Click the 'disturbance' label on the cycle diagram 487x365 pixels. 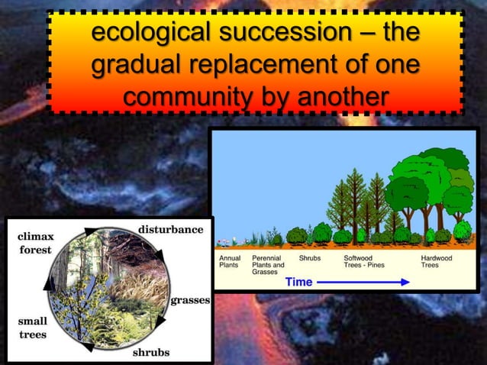(x=170, y=229)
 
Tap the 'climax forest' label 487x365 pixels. (x=35, y=243)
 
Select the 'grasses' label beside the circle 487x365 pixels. (x=190, y=300)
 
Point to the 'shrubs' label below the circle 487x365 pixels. (x=151, y=352)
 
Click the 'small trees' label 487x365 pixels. (x=31, y=328)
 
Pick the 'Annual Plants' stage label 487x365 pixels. (x=229, y=262)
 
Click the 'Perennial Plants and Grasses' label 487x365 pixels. (x=268, y=265)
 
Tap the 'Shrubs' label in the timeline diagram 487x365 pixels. (x=309, y=258)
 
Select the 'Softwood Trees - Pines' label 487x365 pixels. (x=365, y=262)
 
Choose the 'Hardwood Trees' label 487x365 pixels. (x=436, y=262)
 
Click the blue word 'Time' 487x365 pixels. (x=298, y=282)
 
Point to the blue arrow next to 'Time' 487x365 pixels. (x=363, y=282)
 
